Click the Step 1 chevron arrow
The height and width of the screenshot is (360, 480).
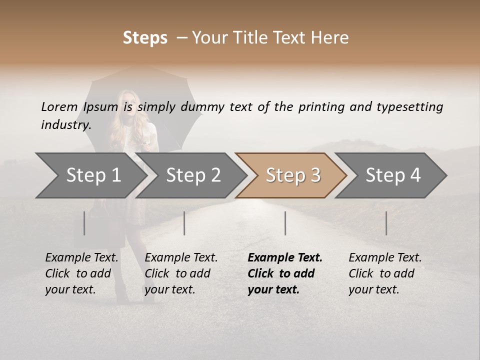coord(93,175)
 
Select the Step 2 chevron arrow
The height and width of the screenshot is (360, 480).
coord(193,175)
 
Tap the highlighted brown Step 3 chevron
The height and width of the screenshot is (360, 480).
coord(293,175)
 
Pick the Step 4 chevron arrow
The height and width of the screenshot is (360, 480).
coord(393,175)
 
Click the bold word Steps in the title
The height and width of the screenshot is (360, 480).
coord(145,37)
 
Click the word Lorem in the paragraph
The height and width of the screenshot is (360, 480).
coord(59,106)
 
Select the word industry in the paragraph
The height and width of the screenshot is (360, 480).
coord(65,124)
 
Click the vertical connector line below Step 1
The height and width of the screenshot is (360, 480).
coord(84,223)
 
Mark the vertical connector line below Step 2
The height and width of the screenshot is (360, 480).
coord(184,223)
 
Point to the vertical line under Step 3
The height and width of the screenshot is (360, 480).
coord(285,223)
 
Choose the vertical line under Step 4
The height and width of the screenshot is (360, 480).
coord(386,223)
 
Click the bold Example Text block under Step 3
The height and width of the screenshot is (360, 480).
coord(284,273)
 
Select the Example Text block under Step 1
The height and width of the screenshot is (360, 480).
coord(81,273)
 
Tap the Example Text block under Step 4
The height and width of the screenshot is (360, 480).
coord(385,273)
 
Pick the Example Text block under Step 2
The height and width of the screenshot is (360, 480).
coord(181,273)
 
